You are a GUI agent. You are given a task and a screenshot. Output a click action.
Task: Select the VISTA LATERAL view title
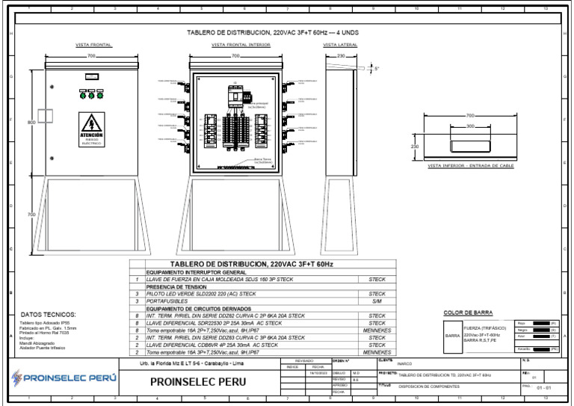(x=341, y=45)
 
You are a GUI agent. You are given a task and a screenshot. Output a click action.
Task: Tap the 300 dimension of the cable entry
(x=470, y=126)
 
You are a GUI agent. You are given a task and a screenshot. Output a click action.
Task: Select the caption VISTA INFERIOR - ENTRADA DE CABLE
(x=471, y=166)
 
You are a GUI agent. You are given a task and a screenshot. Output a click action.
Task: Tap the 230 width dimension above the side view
(x=341, y=56)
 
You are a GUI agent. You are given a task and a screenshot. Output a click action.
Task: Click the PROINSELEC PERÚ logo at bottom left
(x=64, y=378)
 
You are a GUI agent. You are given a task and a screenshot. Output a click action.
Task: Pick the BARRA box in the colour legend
(x=453, y=336)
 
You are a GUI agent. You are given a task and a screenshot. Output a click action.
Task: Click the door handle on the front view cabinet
(x=52, y=157)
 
